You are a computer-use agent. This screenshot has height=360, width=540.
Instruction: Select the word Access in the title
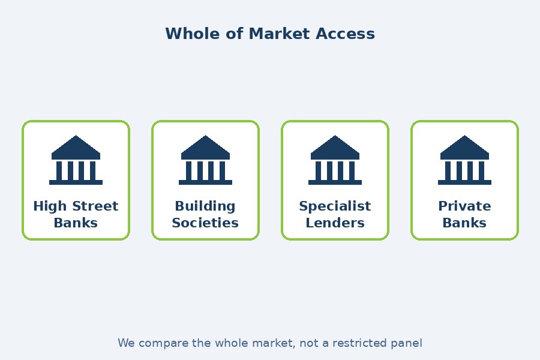pos(345,34)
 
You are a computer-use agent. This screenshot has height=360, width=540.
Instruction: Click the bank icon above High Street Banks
pos(76,160)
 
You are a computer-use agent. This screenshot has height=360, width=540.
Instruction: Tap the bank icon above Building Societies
pos(205,160)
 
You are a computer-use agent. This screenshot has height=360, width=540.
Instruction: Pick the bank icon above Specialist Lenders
pos(335,160)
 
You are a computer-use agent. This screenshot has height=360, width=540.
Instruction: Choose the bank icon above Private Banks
pos(464,160)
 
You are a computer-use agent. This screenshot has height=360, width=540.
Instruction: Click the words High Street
pos(76,206)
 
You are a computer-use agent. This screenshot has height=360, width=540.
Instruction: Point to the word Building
pos(205,206)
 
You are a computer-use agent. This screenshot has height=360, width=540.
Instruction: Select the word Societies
pos(205,223)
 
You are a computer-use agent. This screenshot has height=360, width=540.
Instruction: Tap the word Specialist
pos(335,206)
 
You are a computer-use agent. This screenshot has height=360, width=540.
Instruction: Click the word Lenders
pos(335,223)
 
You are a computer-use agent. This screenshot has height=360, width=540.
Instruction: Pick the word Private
pos(464,206)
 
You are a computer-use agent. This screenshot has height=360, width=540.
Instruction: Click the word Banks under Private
pos(464,223)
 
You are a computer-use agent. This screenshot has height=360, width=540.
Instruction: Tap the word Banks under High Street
pos(76,223)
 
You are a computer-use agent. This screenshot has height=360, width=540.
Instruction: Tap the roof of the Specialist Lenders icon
pos(335,148)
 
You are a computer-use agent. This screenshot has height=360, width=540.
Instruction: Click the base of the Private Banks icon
pos(464,182)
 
